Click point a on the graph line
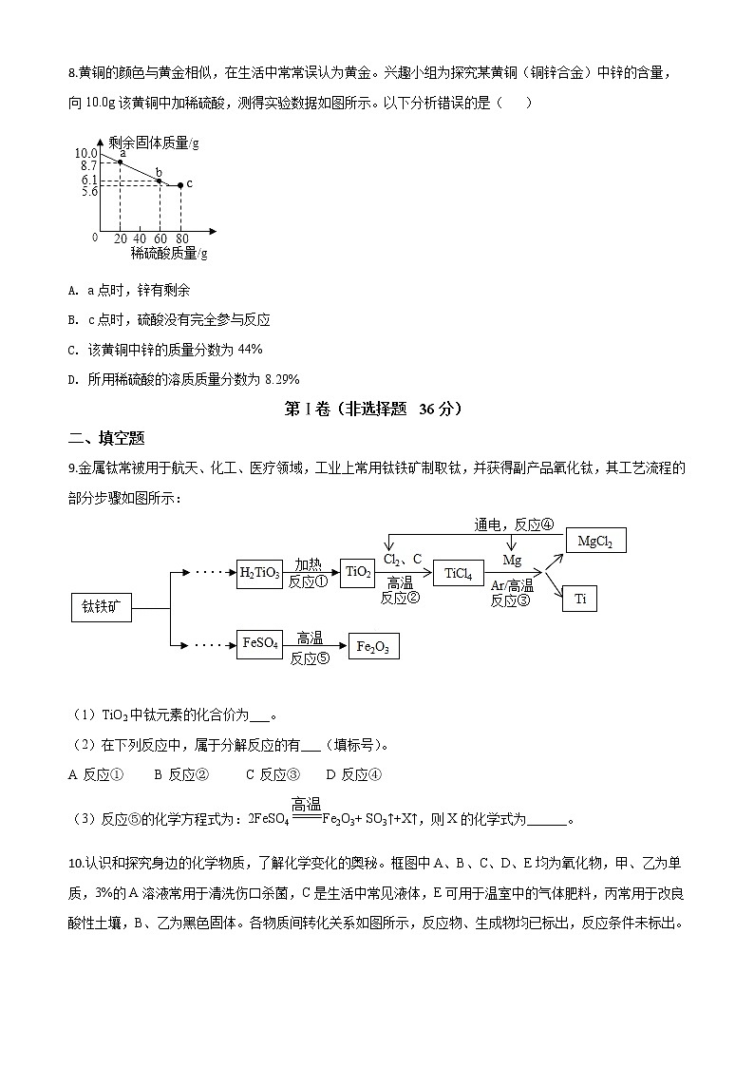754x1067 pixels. tap(120, 162)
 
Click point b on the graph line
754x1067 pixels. tap(159, 181)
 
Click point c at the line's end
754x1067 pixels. tap(179, 184)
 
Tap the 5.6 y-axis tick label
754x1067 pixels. tap(89, 191)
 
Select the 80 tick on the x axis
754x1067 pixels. tap(180, 238)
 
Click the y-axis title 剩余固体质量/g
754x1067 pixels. tap(153, 143)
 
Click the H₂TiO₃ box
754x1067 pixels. tap(259, 573)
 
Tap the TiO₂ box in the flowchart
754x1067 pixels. tap(357, 572)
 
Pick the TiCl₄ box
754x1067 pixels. tap(458, 573)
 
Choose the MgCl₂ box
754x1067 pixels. tap(594, 542)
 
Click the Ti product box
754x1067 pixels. tap(580, 599)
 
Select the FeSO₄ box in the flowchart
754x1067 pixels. tap(259, 643)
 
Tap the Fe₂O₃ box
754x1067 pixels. tap(373, 647)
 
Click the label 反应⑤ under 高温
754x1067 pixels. tap(310, 657)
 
